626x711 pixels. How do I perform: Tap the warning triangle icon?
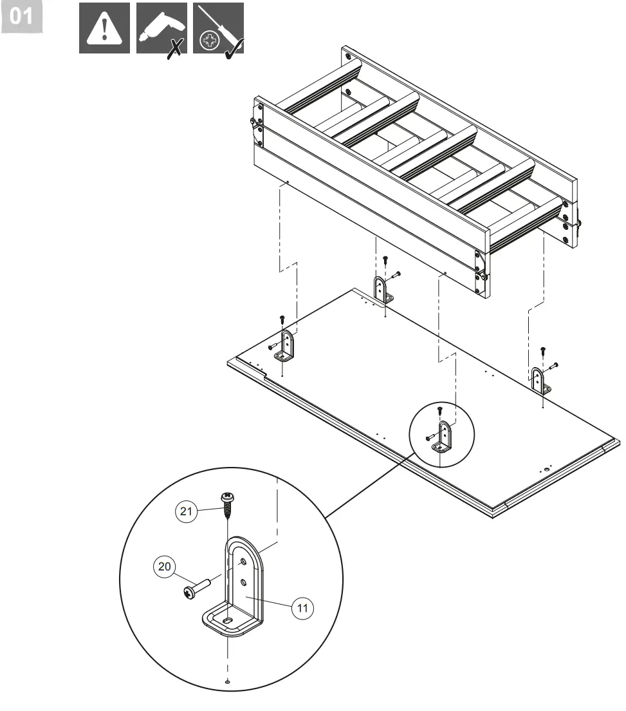(104, 28)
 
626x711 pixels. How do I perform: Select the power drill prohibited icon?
(161, 28)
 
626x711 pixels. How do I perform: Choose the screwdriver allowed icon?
(218, 28)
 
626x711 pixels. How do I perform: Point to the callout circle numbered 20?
(163, 567)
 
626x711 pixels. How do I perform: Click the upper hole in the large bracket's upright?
(243, 562)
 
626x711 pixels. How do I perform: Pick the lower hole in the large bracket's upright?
(244, 583)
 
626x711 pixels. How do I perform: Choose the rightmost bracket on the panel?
(539, 380)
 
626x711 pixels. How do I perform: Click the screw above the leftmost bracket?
(282, 320)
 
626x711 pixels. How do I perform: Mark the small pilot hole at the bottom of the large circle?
(228, 681)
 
